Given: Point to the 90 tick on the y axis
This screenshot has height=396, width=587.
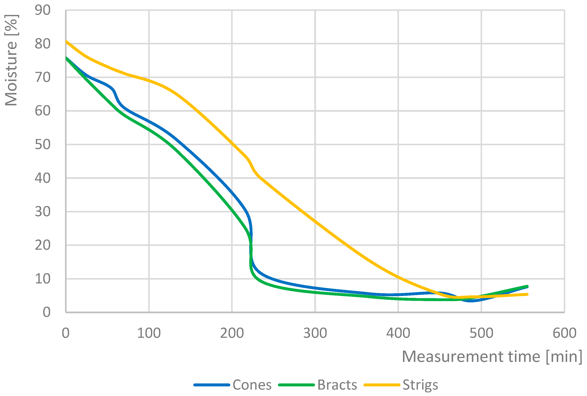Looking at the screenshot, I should [x=43, y=10].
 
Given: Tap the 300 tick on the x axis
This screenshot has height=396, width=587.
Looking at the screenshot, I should [x=315, y=333].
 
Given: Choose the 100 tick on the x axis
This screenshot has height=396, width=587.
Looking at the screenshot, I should [x=149, y=333].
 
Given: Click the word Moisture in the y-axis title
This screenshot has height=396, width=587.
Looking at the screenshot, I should [x=11, y=73].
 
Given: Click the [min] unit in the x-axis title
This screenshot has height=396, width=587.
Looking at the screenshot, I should [x=564, y=357].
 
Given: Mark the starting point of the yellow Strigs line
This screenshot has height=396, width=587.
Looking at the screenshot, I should [x=66, y=41].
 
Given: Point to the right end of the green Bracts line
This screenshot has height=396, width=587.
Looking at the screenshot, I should [x=527, y=286].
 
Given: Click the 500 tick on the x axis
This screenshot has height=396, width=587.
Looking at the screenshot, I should [x=481, y=333].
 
